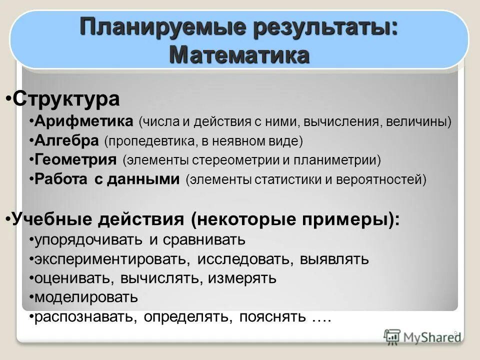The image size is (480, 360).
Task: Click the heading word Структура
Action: [66, 98]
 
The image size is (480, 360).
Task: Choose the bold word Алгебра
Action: [67, 141]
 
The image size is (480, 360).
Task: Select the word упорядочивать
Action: [88, 239]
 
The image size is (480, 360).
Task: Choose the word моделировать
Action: [86, 297]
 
